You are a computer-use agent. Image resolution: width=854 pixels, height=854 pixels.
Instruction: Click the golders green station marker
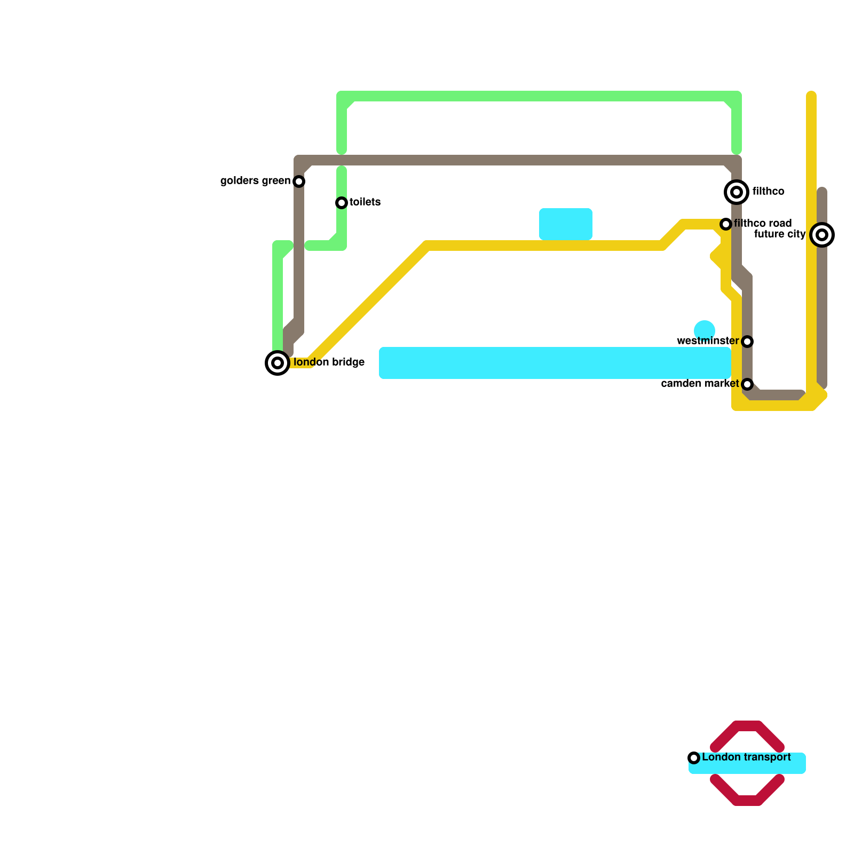tap(299, 181)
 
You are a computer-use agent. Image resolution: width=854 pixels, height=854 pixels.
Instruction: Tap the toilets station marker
tap(342, 203)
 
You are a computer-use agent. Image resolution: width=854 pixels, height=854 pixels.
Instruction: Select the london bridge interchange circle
tap(278, 363)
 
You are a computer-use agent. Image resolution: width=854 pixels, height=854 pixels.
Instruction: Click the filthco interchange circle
tap(737, 192)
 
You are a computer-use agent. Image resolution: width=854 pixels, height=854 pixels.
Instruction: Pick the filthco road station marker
tap(726, 224)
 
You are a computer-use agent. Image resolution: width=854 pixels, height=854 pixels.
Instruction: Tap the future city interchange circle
tap(822, 235)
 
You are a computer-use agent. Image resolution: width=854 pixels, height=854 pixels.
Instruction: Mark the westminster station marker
tap(747, 342)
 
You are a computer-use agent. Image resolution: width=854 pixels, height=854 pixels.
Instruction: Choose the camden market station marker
tap(747, 384)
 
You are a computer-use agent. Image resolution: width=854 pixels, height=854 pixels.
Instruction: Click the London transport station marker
tap(694, 758)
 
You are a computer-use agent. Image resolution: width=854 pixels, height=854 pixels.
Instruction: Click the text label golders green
tap(255, 181)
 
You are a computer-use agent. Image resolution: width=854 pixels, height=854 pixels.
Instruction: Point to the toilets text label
tap(365, 202)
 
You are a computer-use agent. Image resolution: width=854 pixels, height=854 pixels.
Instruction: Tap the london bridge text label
tap(329, 362)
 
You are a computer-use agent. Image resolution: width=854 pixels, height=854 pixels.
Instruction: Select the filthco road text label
tap(763, 223)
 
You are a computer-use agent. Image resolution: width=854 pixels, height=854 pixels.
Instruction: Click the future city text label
tap(779, 234)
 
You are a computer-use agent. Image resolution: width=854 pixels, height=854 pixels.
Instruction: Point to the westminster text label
tap(708, 341)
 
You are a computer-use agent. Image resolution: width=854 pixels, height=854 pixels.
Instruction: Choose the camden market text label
tap(700, 384)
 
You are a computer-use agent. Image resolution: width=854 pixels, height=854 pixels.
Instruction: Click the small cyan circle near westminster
tap(705, 330)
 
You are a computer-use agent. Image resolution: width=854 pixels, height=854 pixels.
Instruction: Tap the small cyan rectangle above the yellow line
tap(566, 224)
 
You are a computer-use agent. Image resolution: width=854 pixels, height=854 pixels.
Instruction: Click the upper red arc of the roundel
tap(747, 729)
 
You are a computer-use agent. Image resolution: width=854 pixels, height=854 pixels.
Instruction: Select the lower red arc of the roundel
tap(747, 799)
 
